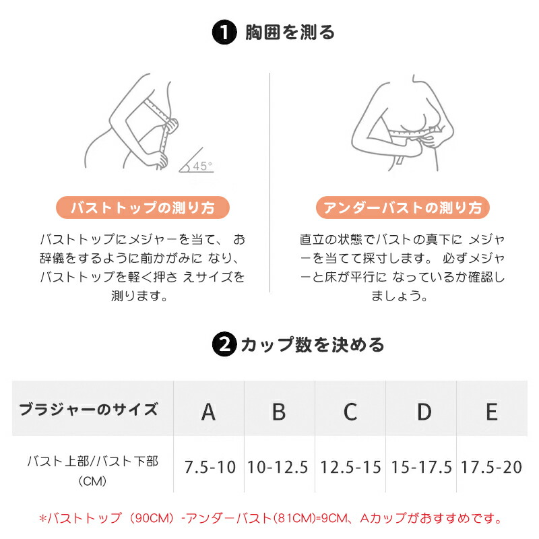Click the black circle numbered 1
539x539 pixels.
tap(224, 32)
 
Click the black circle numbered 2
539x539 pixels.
tap(224, 344)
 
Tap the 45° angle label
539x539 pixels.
tap(203, 166)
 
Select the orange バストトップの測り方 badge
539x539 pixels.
tap(143, 208)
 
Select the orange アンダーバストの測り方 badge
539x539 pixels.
tap(402, 208)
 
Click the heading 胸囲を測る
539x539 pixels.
tap(290, 32)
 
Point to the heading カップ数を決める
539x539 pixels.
tap(312, 344)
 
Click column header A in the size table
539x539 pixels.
tap(209, 412)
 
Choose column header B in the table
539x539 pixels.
tap(279, 412)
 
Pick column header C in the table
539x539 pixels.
tap(350, 412)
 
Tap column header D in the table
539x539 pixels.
tap(424, 412)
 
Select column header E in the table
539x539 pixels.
tap(492, 412)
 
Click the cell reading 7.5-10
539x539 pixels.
tap(210, 467)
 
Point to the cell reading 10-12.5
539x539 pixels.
tap(278, 467)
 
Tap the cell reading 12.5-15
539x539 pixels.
tap(350, 467)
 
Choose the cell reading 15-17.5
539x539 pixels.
tap(422, 467)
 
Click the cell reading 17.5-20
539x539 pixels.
tap(492, 467)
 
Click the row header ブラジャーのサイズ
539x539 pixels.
tap(89, 410)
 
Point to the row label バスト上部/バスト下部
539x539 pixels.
tap(93, 462)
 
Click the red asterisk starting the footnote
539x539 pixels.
tap(42, 518)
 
